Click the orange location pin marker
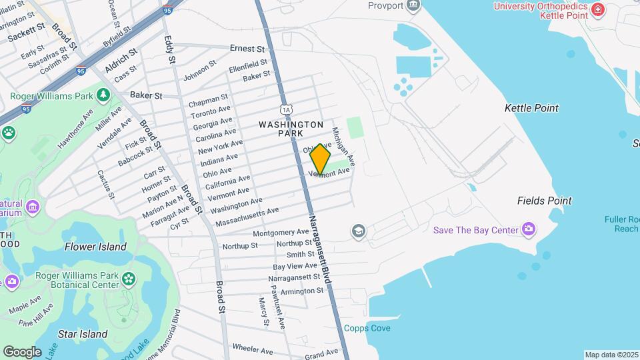[x=321, y=159]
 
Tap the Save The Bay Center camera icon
[x=529, y=230]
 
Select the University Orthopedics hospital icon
[x=597, y=9]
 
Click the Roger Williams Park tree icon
[x=103, y=95]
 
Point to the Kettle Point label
[x=531, y=108]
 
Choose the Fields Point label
[x=544, y=201]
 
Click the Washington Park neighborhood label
[x=291, y=129]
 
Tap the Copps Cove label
[x=367, y=328]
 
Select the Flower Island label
[x=95, y=247]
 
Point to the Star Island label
[x=83, y=334]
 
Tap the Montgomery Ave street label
[x=281, y=233]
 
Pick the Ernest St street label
[x=247, y=49]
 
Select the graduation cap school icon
[x=359, y=231]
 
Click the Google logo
[x=22, y=351]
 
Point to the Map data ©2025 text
[x=611, y=355]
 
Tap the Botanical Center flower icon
[x=128, y=278]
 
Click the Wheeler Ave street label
[x=253, y=349]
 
